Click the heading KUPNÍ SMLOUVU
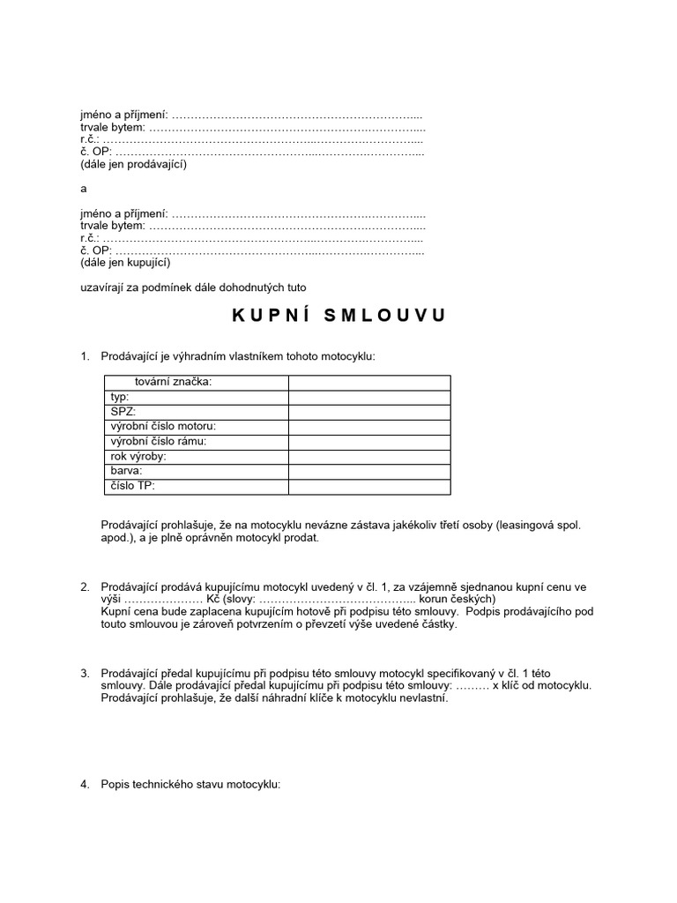pyautogui.click(x=339, y=316)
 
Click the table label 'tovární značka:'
pyautogui.click(x=174, y=382)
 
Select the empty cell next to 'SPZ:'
pyautogui.click(x=368, y=412)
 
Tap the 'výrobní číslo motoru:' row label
pyautogui.click(x=162, y=427)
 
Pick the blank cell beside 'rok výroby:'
pyautogui.click(x=368, y=457)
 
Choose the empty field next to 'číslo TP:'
pyautogui.click(x=368, y=486)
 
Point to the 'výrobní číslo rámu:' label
pyautogui.click(x=158, y=442)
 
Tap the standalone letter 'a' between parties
pyautogui.click(x=83, y=189)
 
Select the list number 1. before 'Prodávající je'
pyautogui.click(x=86, y=356)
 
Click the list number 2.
pyautogui.click(x=86, y=587)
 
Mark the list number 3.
pyautogui.click(x=86, y=674)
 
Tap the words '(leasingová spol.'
pyautogui.click(x=538, y=525)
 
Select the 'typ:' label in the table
pyautogui.click(x=119, y=397)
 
